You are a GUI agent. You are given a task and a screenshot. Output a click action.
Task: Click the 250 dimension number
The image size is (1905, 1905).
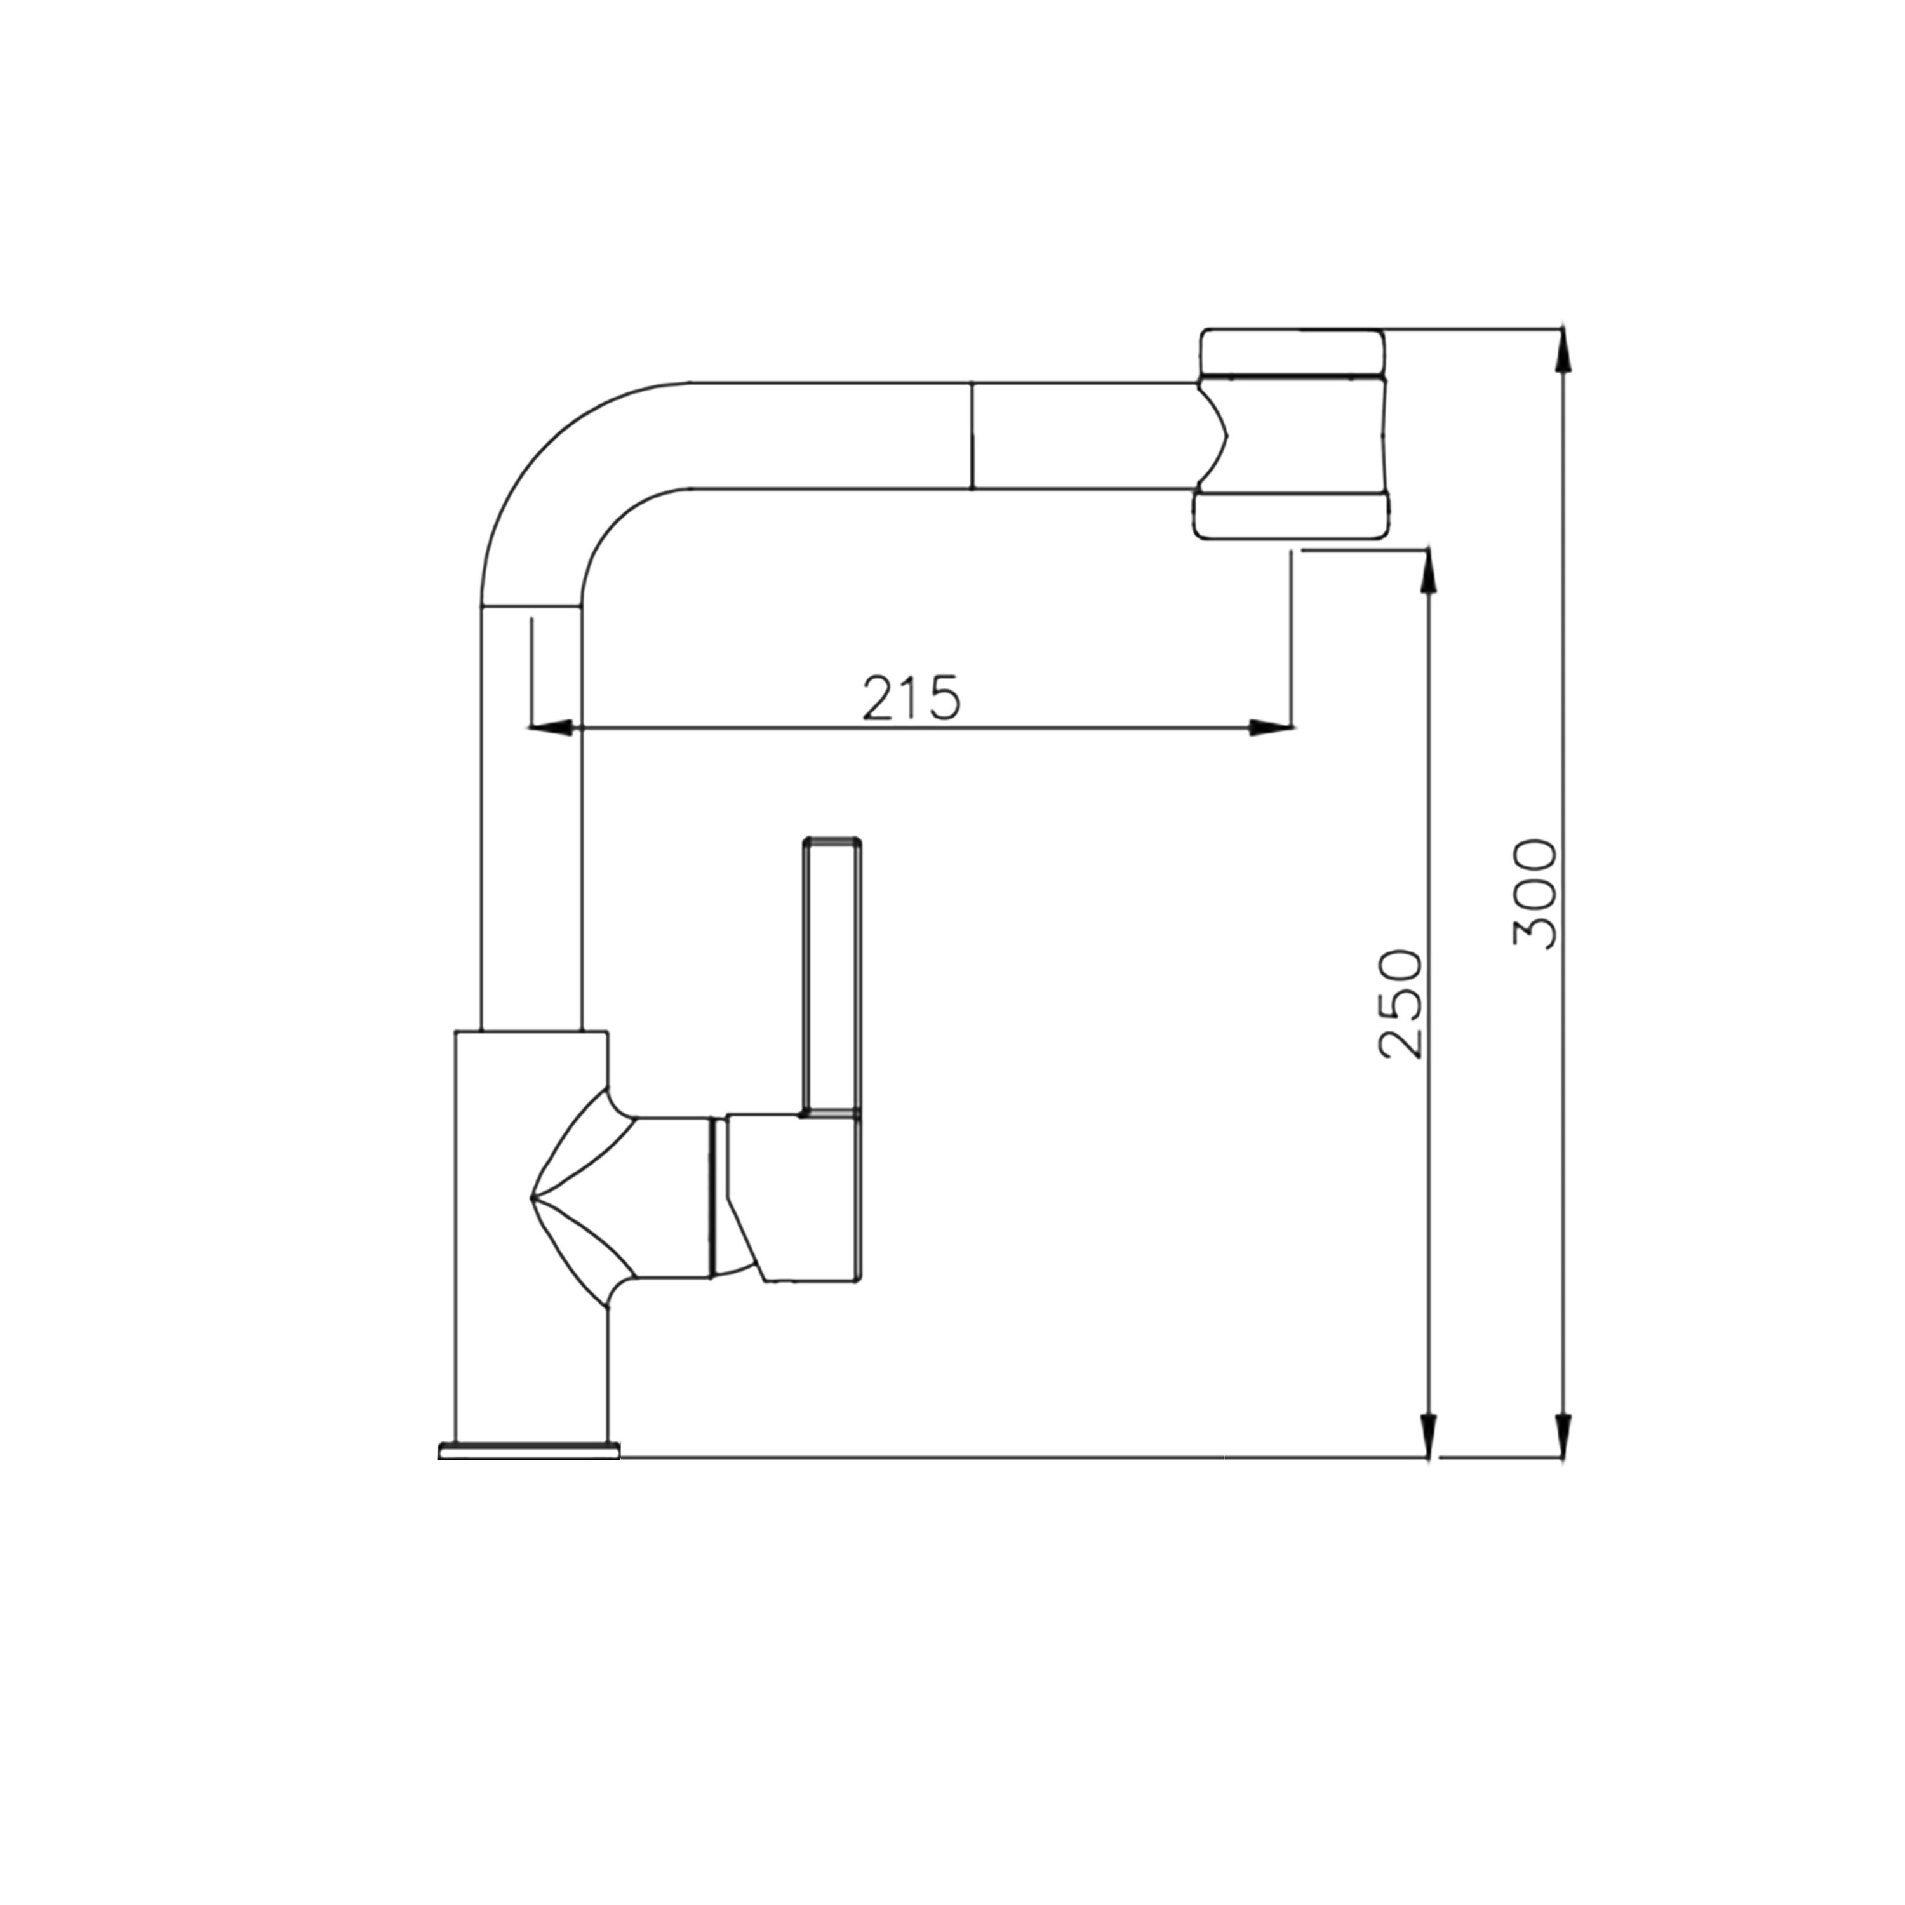(x=1401, y=1004)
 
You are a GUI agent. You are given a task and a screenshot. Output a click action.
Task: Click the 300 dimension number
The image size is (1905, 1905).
(x=1534, y=893)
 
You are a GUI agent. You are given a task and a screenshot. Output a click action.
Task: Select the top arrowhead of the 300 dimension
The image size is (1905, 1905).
(x=1562, y=350)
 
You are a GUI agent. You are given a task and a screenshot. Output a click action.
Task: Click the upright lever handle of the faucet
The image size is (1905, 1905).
(x=833, y=976)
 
